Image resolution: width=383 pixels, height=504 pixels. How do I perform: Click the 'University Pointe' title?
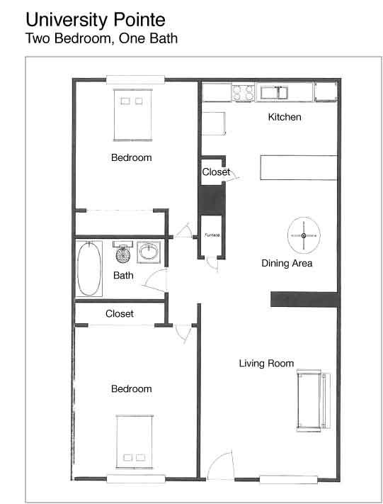(x=96, y=21)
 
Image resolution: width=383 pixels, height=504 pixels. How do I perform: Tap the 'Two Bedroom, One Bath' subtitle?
(x=101, y=38)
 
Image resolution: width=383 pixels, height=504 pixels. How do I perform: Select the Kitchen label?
(x=285, y=117)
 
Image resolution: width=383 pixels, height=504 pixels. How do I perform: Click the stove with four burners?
(x=243, y=93)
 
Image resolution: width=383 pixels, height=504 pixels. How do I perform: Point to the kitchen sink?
(x=274, y=93)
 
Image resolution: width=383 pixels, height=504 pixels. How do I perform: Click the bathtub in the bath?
(x=89, y=269)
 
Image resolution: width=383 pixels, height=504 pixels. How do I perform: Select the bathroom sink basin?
(x=149, y=252)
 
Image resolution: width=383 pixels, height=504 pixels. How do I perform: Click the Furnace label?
(x=212, y=235)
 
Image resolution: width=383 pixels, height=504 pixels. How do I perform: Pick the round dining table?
(x=304, y=235)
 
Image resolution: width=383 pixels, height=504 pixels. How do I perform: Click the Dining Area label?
(x=287, y=263)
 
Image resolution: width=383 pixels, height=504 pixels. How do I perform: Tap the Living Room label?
(x=266, y=363)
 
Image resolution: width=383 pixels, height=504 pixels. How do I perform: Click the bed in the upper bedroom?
(x=132, y=115)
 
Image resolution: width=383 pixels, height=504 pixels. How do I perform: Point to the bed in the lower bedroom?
(x=135, y=442)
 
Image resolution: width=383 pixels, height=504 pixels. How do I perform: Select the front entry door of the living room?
(x=219, y=465)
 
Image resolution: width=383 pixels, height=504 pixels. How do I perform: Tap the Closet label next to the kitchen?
(x=216, y=172)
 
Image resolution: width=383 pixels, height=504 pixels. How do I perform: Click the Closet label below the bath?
(x=120, y=314)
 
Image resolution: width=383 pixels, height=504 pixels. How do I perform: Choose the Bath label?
(x=123, y=276)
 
